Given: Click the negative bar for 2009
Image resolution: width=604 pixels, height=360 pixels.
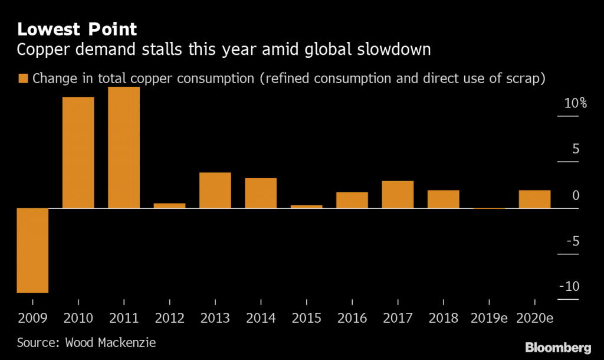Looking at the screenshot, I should [32, 250].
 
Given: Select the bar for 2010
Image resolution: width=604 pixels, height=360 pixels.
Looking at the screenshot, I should [78, 152].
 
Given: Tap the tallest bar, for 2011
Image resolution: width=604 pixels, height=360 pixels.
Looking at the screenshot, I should [124, 148].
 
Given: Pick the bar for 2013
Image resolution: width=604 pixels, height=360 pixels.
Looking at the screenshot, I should [215, 190].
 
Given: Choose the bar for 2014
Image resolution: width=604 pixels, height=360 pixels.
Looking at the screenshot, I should [261, 193].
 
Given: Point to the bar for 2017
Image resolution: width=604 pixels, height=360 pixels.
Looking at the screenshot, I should [398, 194].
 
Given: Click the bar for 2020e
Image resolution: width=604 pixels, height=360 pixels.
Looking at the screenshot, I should [534, 199].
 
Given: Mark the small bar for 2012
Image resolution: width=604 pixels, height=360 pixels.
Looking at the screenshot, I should [170, 205].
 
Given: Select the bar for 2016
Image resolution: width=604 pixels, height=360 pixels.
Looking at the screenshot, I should [352, 200].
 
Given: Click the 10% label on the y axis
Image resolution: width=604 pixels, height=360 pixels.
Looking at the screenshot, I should [575, 104].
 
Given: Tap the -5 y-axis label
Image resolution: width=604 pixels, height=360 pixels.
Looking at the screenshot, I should [572, 241].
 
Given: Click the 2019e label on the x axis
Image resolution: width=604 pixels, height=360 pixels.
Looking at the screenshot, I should [489, 319].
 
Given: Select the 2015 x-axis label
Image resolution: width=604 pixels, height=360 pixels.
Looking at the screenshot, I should [306, 319].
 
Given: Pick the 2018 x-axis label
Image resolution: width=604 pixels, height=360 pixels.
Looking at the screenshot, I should [443, 319].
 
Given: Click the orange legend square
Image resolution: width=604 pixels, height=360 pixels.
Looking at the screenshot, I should [24, 79].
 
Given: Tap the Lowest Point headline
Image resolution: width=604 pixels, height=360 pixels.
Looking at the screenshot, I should [77, 28].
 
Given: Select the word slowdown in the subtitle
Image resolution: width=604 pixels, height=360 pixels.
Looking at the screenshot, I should [394, 50].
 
